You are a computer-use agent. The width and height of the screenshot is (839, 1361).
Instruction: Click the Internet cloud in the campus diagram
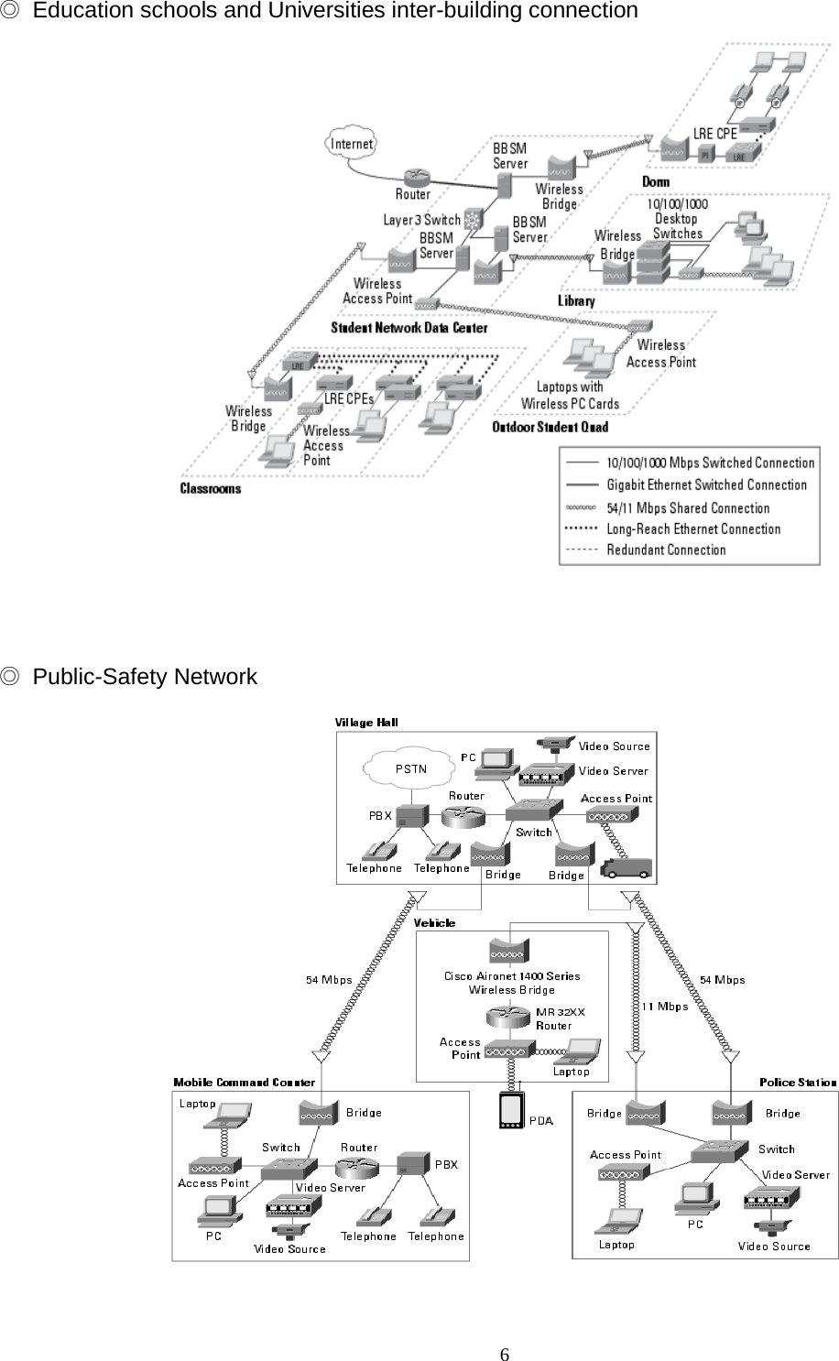[352, 144]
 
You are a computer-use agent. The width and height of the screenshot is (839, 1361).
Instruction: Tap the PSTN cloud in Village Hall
[410, 769]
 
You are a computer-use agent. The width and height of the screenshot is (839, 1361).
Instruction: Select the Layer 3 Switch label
[421, 220]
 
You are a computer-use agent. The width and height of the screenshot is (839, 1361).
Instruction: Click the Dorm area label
[656, 182]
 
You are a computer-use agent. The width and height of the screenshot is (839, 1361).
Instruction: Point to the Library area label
[576, 300]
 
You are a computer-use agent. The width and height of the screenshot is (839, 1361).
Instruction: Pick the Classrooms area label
[211, 489]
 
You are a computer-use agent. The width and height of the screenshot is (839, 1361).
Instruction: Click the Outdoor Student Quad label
[550, 427]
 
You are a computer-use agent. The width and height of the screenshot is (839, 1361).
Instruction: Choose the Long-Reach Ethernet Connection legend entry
[692, 529]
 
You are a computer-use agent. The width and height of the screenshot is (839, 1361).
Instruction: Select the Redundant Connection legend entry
[666, 550]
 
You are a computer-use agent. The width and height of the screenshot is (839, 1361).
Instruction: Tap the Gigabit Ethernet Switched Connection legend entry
[706, 485]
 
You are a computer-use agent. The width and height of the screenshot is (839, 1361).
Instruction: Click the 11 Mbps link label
[664, 1007]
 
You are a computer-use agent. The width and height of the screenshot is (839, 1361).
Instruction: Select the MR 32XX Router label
[560, 1018]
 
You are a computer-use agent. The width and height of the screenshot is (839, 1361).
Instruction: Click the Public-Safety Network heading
[145, 677]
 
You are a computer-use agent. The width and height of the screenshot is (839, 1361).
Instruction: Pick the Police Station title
[798, 1083]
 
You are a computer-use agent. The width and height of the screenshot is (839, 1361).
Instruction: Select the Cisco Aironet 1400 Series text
[512, 976]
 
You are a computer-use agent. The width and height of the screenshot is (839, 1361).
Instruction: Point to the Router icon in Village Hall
[465, 815]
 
